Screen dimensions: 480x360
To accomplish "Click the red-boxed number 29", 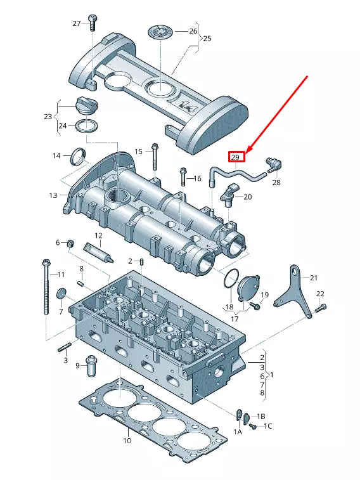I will [x=235, y=157].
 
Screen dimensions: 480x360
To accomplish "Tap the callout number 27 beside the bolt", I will [x=77, y=23].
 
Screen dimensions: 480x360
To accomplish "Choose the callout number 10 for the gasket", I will [x=127, y=440].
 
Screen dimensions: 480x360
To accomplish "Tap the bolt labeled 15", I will [x=154, y=162].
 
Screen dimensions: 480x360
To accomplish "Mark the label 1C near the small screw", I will [x=268, y=425].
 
